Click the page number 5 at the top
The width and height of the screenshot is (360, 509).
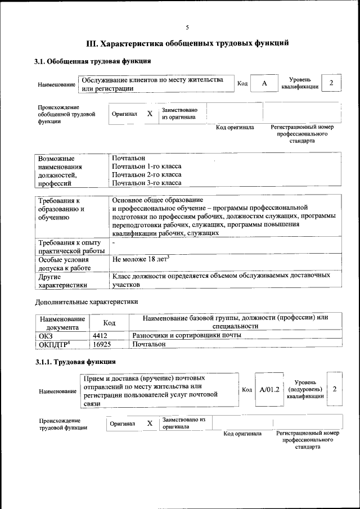[x=187, y=28]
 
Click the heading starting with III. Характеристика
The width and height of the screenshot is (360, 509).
[x=187, y=43]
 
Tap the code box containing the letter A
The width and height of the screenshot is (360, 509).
[x=264, y=83]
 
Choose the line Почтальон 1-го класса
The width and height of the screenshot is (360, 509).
[x=146, y=166]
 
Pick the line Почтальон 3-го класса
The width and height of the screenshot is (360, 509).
[x=146, y=183]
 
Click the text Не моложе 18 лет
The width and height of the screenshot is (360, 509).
[x=141, y=259]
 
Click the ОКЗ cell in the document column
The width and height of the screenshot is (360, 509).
[x=46, y=336]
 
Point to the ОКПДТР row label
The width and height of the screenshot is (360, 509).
[x=54, y=344]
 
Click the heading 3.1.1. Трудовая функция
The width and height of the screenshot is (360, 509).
[x=75, y=362]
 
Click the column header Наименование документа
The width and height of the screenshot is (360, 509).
[x=62, y=322]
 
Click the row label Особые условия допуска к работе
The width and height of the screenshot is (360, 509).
[x=64, y=264]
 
